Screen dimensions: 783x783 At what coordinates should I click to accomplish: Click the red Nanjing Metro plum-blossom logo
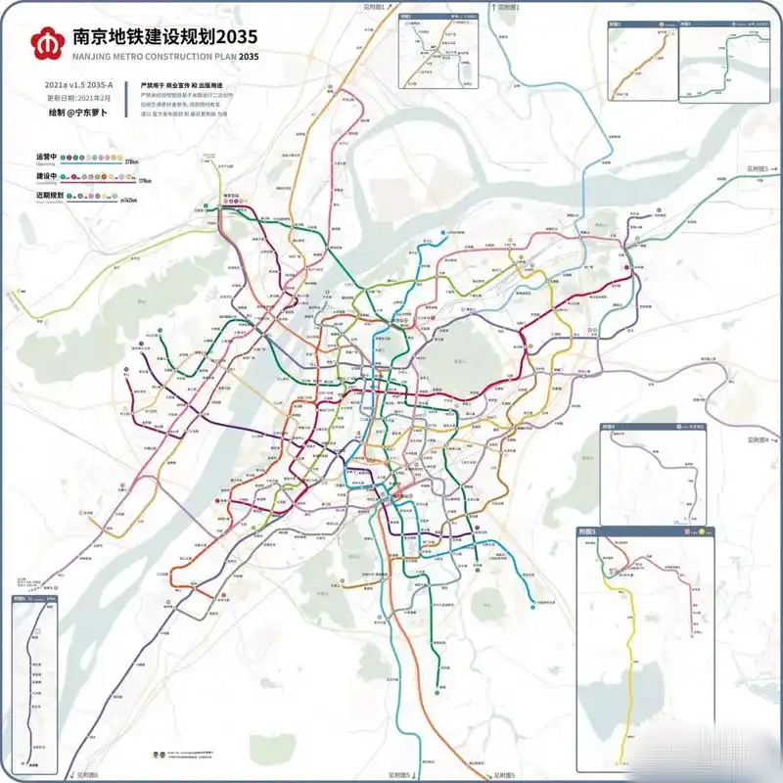pyautogui.click(x=43, y=43)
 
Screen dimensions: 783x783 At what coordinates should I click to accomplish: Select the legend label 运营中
pyautogui.click(x=48, y=158)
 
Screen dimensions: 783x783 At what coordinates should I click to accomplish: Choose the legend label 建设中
pyautogui.click(x=48, y=177)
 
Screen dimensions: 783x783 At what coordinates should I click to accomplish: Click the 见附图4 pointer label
pyautogui.click(x=756, y=440)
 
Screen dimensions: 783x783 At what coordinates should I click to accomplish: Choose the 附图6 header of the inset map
pyautogui.click(x=25, y=598)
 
